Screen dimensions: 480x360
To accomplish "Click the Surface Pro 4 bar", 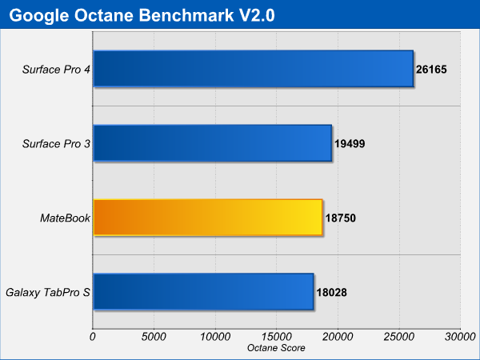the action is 254,69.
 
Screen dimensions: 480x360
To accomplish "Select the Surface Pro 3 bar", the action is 213,143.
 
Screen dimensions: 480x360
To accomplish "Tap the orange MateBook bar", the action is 208,218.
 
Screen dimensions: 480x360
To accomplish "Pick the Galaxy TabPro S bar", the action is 203,292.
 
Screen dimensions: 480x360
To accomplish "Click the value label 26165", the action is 431,70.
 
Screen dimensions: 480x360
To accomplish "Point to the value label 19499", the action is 350,143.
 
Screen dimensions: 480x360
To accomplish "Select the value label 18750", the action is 341,218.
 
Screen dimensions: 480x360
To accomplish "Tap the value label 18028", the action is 331,292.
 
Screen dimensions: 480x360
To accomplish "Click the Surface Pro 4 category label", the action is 56,70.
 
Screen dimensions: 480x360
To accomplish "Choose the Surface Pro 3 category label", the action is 56,143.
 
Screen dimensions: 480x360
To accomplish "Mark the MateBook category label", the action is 65,218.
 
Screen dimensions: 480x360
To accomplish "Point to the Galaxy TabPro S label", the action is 48,292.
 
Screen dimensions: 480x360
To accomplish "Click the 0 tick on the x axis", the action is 93,337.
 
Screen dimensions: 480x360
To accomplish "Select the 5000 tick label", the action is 154,337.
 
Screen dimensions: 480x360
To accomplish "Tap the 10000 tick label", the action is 215,337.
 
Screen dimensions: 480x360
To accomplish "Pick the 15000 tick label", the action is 276,337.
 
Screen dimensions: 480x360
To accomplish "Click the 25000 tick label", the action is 399,337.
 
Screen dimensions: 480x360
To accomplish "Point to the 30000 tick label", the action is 460,337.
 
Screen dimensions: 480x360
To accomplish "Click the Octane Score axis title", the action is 276,348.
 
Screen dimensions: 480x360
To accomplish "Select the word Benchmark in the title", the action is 186,15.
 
